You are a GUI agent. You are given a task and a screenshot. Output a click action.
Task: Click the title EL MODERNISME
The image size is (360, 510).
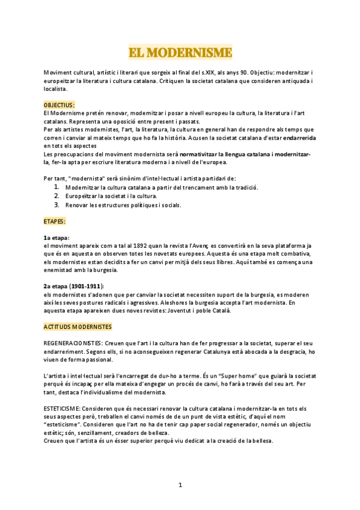tap(180, 52)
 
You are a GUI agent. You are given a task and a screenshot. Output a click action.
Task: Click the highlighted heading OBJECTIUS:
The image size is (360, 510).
tap(59, 105)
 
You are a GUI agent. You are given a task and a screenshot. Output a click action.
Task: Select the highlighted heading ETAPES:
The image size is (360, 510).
tap(55, 221)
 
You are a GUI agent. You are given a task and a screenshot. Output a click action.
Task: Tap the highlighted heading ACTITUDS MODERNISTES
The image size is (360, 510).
tap(78, 326)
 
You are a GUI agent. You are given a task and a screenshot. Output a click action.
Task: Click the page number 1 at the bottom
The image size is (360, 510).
tap(180, 485)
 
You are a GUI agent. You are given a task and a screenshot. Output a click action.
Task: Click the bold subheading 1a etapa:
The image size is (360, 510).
tap(56, 238)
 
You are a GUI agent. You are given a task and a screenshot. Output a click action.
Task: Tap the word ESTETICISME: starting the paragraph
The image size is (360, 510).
tap(61, 408)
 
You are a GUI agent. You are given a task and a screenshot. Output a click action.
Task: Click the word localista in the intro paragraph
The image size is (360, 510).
tap(55, 88)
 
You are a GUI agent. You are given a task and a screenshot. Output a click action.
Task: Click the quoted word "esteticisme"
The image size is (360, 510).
tap(64, 423)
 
